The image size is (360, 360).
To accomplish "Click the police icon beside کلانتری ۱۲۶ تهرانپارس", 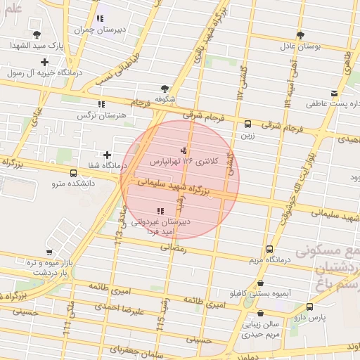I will pos(184,150).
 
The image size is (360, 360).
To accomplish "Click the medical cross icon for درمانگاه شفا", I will pos(107,155).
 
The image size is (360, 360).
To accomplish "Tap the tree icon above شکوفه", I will pos(165,89).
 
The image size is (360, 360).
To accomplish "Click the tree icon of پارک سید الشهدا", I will pos(37,34).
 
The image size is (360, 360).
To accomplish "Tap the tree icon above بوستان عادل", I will pos(301,35).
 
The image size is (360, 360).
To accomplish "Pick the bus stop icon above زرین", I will pos(247,124).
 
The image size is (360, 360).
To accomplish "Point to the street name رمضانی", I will pos(174,247).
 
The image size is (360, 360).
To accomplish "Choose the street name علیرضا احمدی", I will pos(120,309).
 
